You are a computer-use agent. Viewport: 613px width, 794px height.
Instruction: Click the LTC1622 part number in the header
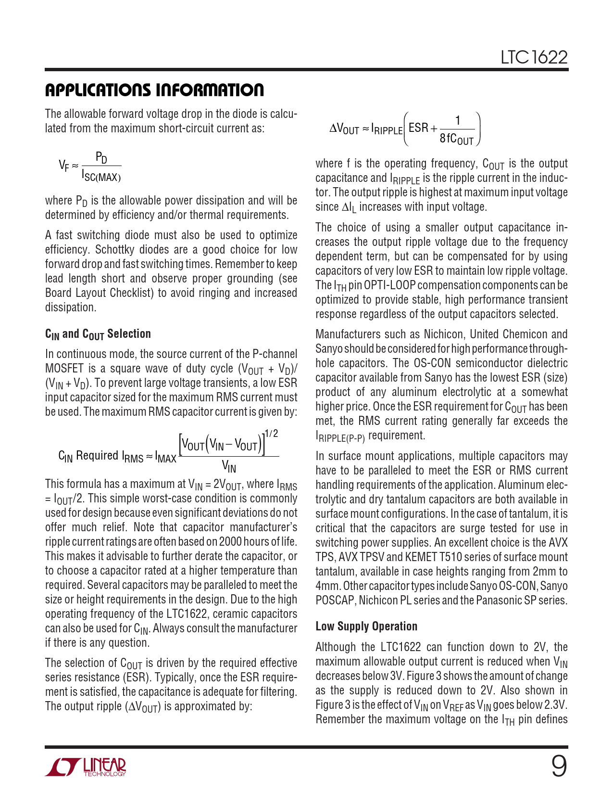534,58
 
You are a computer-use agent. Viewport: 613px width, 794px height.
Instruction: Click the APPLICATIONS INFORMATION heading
154,90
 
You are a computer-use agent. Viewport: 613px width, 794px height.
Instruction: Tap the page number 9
558,767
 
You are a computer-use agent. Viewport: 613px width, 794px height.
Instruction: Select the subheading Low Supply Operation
366,626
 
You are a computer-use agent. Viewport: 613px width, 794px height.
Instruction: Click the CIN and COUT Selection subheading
98,334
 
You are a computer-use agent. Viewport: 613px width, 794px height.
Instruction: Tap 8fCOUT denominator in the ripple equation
456,140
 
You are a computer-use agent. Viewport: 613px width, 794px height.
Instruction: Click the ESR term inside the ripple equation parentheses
418,128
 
